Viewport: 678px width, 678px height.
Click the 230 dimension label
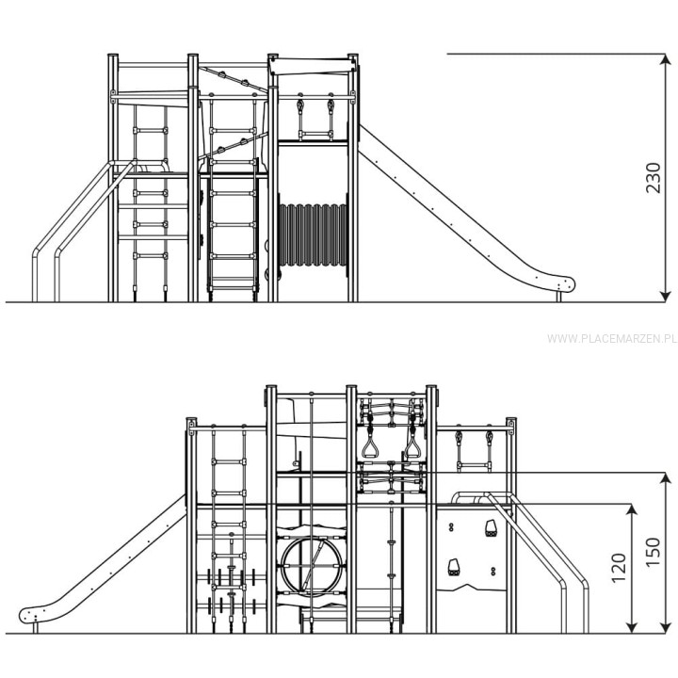click(x=653, y=178)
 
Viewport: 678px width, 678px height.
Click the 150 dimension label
click(x=653, y=552)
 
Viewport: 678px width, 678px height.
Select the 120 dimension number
click(x=620, y=567)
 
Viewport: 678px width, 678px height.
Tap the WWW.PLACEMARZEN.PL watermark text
click(x=611, y=339)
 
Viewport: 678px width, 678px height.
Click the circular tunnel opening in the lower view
click(x=312, y=565)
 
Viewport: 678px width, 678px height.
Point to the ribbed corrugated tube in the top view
click(x=313, y=234)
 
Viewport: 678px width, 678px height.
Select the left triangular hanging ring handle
click(x=370, y=445)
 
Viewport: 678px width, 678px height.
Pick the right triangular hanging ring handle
click(x=412, y=445)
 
